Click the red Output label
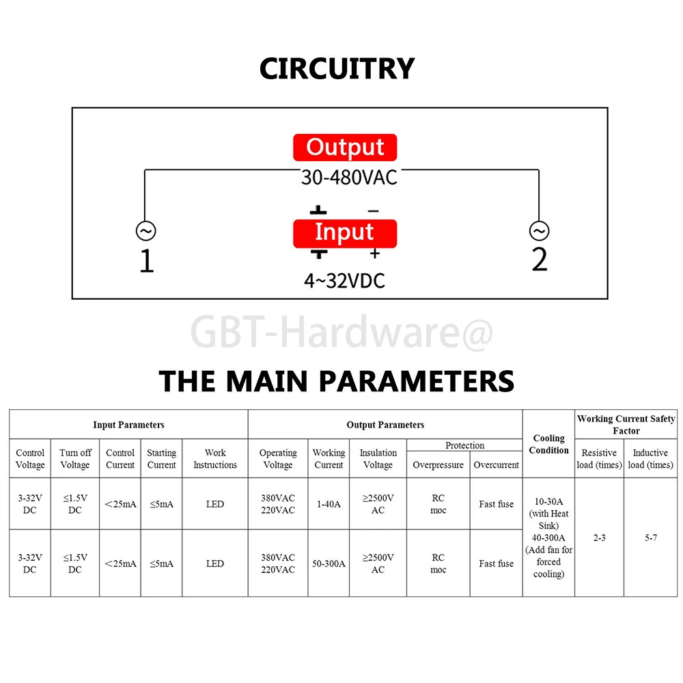point(345,148)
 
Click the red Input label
point(345,233)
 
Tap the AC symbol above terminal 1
point(145,232)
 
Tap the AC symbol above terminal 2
point(539,232)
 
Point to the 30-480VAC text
point(349,178)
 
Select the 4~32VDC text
point(344,281)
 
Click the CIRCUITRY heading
point(337,69)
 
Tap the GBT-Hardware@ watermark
point(341,333)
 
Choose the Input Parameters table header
point(128,425)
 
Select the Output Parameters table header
point(385,425)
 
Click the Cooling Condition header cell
point(548,444)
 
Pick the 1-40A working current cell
point(328,504)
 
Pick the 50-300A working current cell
point(328,563)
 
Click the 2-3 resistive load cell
point(599,538)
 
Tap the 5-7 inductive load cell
point(650,538)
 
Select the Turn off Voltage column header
point(75,458)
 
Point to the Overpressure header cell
point(438,465)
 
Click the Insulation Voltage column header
point(378,458)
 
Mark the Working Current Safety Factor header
point(626,424)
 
